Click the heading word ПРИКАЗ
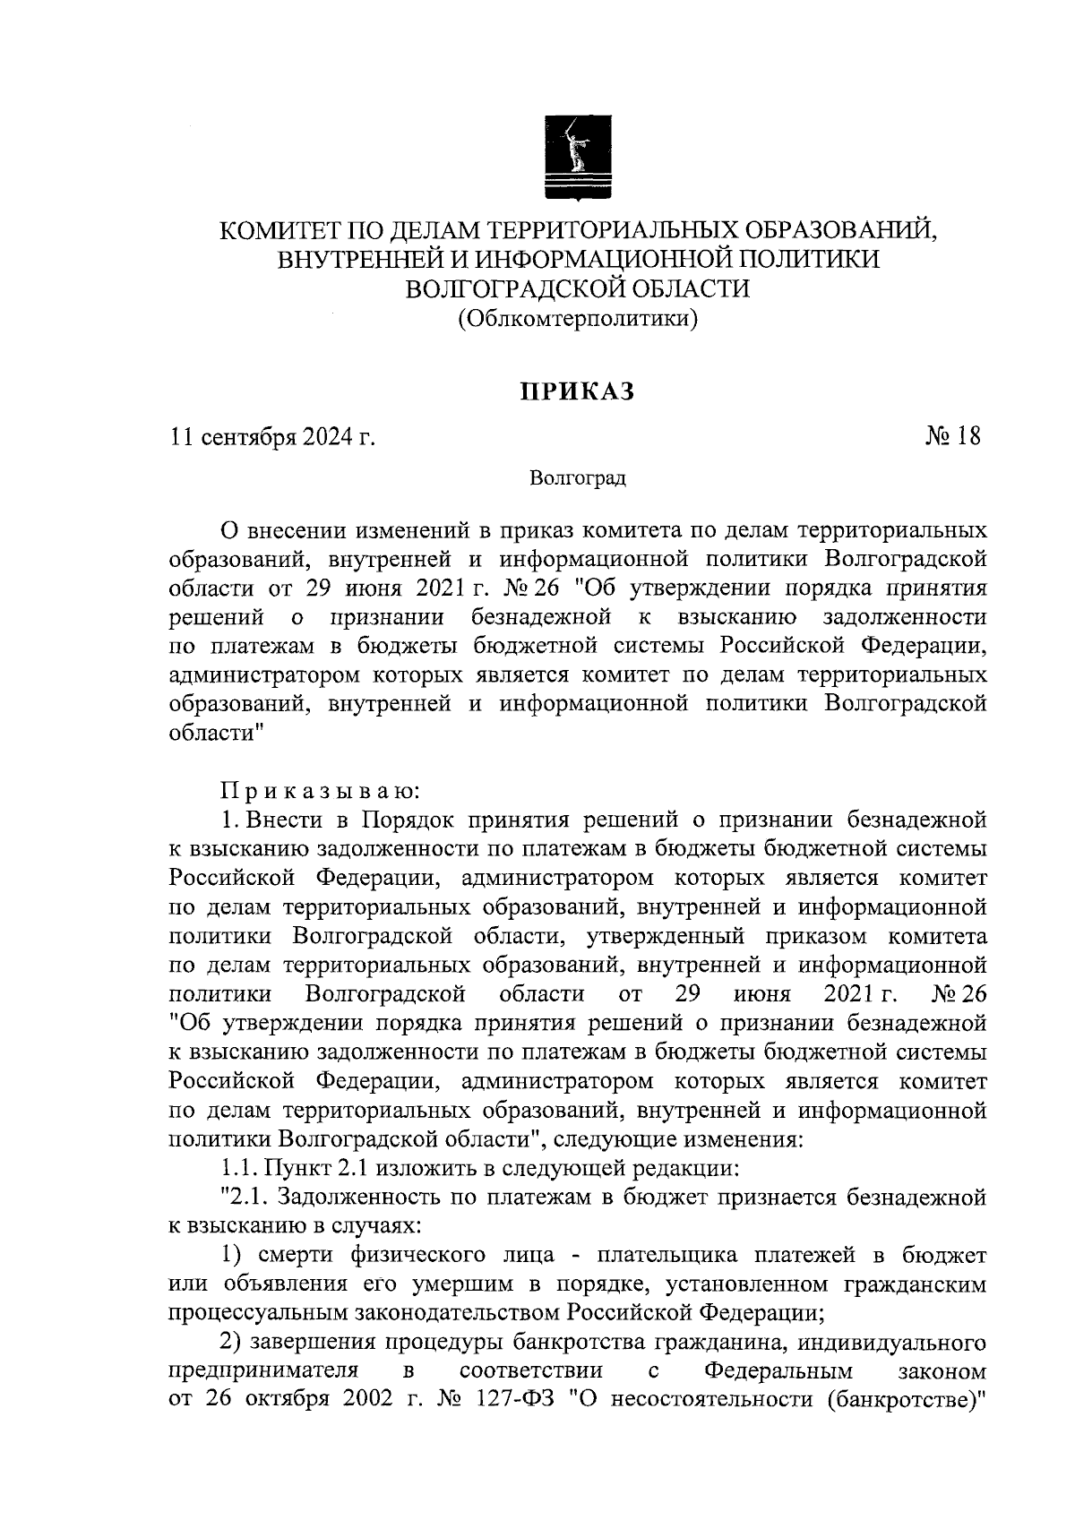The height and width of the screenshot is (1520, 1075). tap(578, 391)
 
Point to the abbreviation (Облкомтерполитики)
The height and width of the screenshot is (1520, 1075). tap(578, 317)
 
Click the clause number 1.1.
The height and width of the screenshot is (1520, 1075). tap(239, 1168)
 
